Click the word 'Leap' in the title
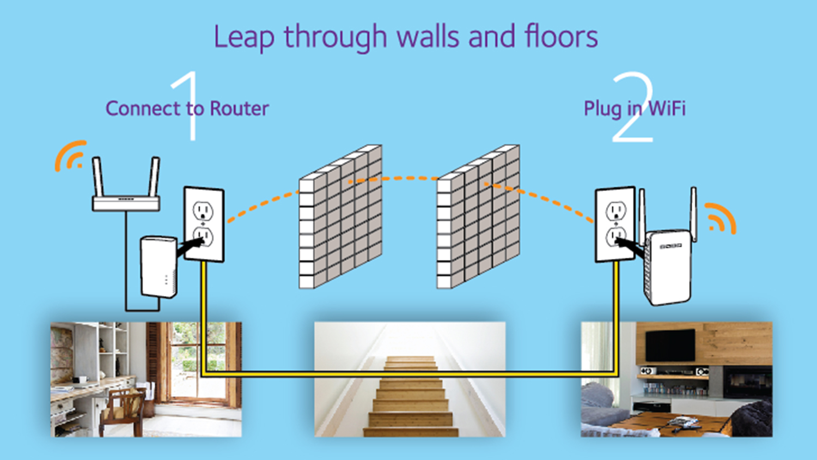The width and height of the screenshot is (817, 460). tap(243, 37)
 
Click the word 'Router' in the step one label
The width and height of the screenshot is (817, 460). tap(239, 108)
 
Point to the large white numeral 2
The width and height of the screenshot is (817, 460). tap(632, 109)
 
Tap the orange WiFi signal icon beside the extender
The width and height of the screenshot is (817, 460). tap(721, 219)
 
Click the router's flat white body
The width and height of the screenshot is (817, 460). tap(126, 204)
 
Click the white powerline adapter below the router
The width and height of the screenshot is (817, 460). tap(158, 267)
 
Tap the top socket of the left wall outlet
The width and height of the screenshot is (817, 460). tap(203, 210)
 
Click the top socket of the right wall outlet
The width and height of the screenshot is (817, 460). tap(615, 210)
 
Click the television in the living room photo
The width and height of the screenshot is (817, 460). tap(670, 344)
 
